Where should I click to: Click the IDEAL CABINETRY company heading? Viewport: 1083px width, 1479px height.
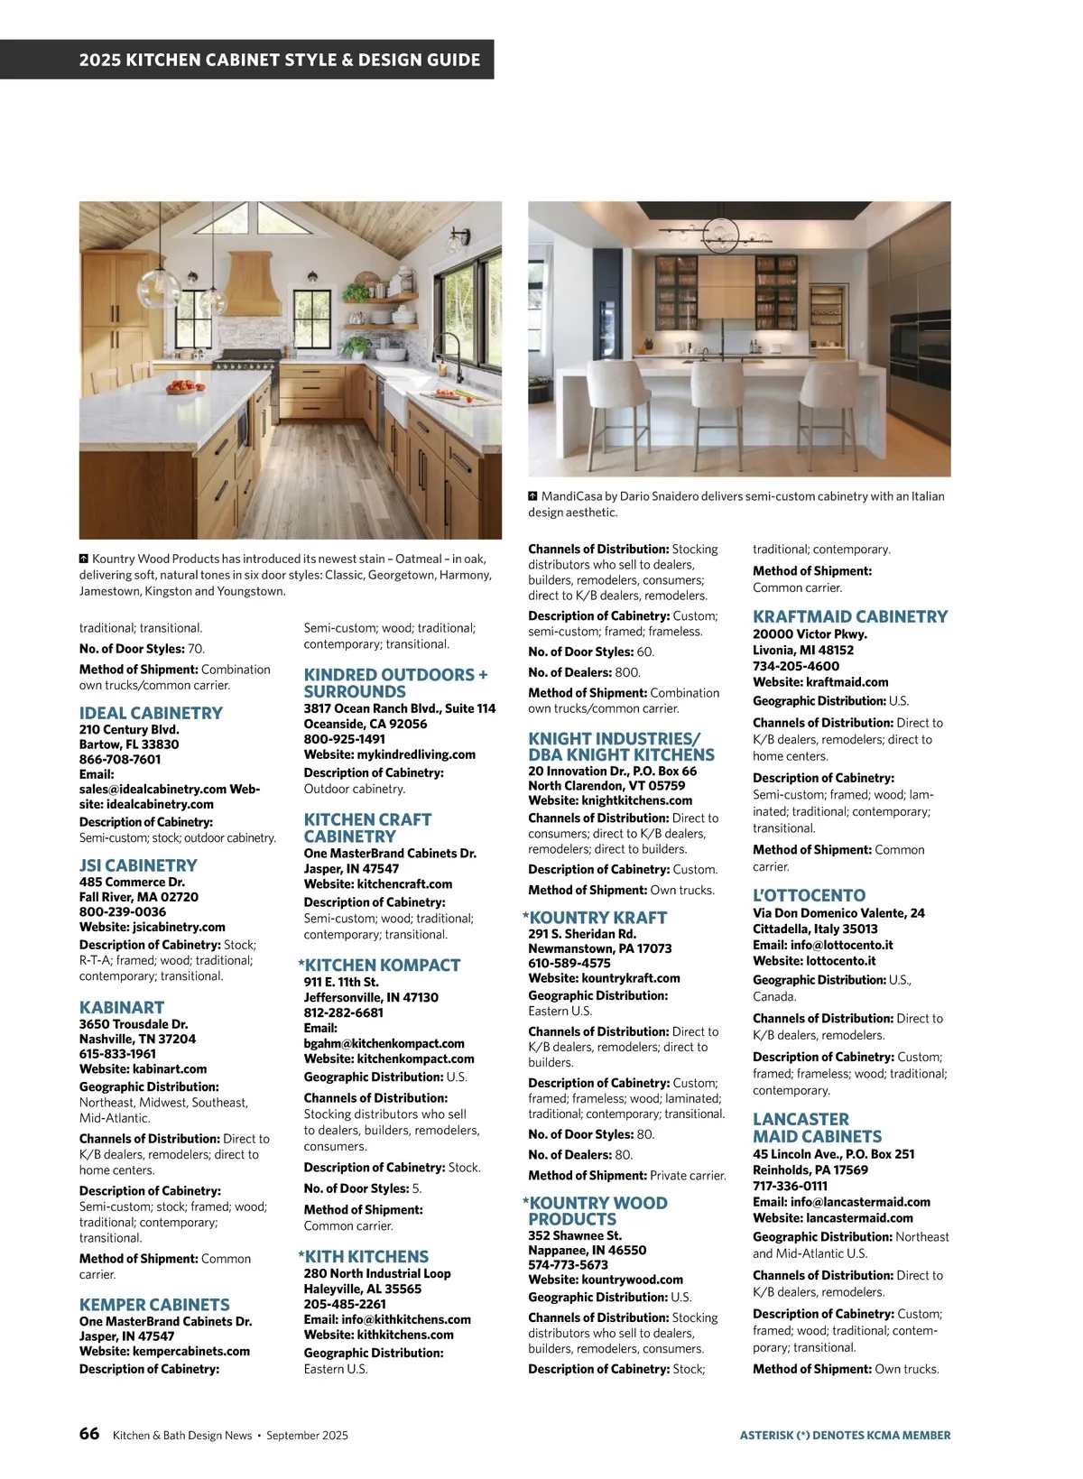pos(151,713)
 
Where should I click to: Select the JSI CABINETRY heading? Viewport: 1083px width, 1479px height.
pos(138,865)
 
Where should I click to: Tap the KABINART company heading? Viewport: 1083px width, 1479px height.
pos(122,1007)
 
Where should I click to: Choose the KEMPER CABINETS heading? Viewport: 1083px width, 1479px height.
pos(154,1305)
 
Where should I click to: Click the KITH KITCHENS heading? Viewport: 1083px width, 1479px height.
pos(366,1257)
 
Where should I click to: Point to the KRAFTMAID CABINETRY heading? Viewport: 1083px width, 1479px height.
pos(850,617)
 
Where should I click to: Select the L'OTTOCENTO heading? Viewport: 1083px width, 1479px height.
pos(809,896)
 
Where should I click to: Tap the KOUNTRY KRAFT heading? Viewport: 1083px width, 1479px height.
pos(597,918)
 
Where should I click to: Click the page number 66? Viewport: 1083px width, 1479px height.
pos(89,1434)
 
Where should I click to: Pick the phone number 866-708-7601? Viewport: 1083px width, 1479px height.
pos(120,760)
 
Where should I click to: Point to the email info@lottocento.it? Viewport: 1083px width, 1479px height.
pos(828,945)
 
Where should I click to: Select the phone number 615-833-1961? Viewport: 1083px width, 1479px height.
pos(117,1054)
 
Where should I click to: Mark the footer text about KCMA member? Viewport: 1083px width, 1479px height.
pos(845,1435)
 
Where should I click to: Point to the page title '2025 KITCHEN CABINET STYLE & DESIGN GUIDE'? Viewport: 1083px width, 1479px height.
pos(280,60)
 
